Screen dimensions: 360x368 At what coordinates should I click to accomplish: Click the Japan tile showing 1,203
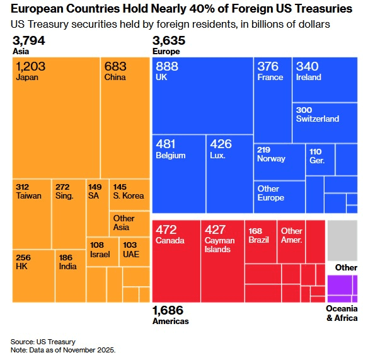coord(56,117)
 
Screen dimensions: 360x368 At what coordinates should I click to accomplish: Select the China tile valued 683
coord(125,117)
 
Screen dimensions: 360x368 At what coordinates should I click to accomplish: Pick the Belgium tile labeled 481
coord(179,173)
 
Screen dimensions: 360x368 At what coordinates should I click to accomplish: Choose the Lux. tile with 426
coord(229,173)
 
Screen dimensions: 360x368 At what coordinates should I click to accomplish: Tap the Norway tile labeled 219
coord(279,162)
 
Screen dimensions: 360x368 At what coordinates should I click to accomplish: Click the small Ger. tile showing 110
coord(320,160)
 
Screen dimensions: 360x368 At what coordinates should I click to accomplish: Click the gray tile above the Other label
coord(342,237)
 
